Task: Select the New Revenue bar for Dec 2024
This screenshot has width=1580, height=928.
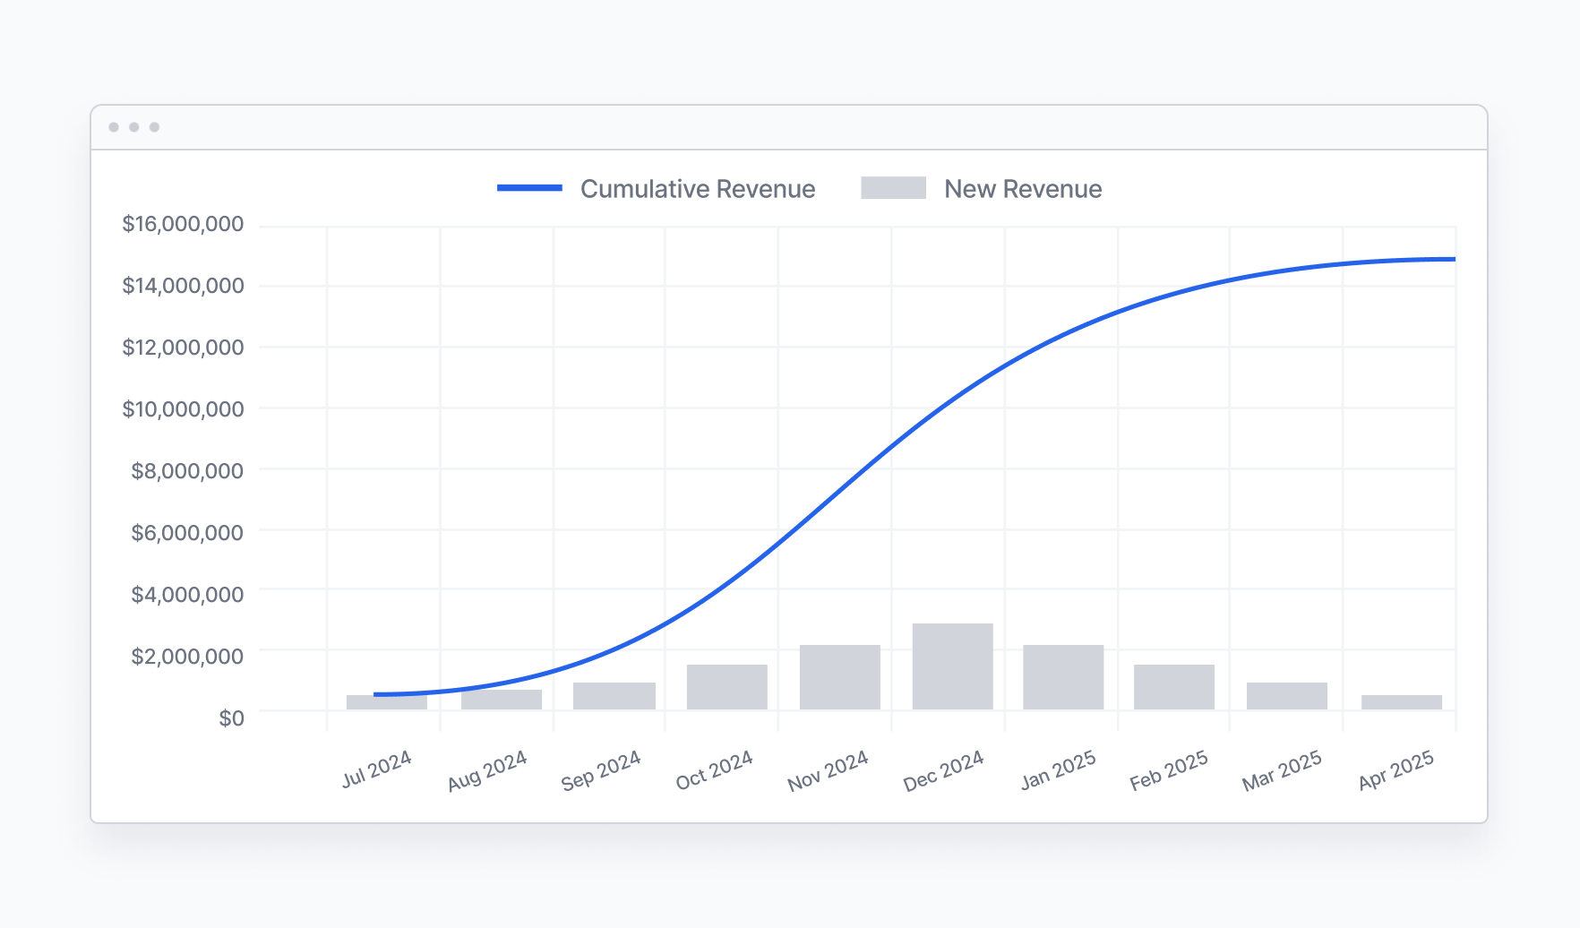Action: [952, 666]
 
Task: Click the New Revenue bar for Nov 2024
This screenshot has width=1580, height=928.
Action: [839, 677]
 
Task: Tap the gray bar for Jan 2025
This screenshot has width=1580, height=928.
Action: [1063, 677]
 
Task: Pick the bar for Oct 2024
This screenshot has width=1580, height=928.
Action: [726, 687]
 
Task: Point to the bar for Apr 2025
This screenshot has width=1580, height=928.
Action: [1401, 702]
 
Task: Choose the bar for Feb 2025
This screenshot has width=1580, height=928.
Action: [1173, 687]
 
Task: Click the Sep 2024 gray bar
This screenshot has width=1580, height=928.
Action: [614, 696]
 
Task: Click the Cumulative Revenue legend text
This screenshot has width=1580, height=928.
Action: [697, 189]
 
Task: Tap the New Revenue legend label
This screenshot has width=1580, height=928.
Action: [1022, 189]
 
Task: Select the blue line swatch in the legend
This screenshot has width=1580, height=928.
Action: [529, 188]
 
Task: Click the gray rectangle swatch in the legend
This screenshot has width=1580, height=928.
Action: [893, 188]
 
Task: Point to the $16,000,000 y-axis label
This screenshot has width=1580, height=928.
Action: [183, 224]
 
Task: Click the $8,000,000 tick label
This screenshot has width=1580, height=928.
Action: [187, 471]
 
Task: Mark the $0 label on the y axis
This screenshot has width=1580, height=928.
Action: [231, 718]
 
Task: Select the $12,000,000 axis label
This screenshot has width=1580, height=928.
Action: [183, 348]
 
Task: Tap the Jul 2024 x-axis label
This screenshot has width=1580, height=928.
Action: [377, 769]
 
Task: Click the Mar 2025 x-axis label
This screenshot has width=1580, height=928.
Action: [1282, 770]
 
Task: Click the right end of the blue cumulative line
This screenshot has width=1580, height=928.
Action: [1452, 259]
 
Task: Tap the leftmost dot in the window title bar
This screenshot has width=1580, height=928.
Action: [114, 127]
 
